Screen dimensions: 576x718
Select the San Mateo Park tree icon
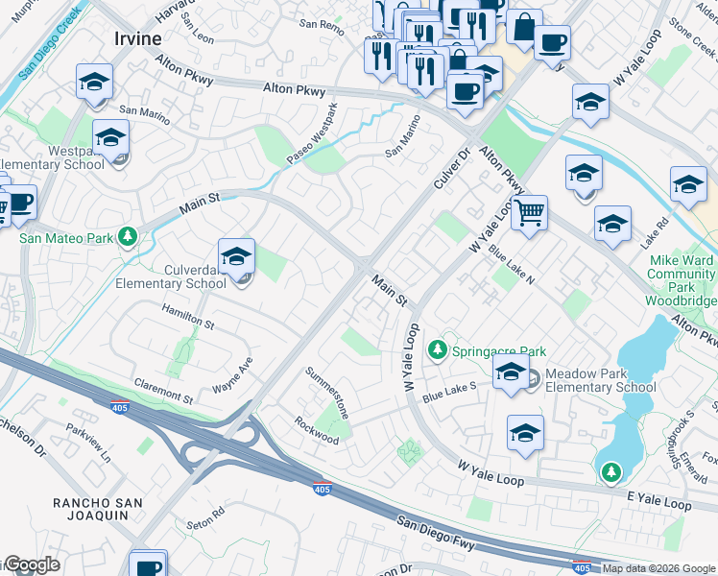[127, 236]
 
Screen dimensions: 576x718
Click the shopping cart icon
[529, 212]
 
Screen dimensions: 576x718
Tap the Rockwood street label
[317, 431]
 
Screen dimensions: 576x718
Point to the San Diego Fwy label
[436, 533]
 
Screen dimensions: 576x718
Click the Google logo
[31, 565]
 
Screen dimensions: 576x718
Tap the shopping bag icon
[524, 28]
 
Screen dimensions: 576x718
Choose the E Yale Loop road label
[658, 503]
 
